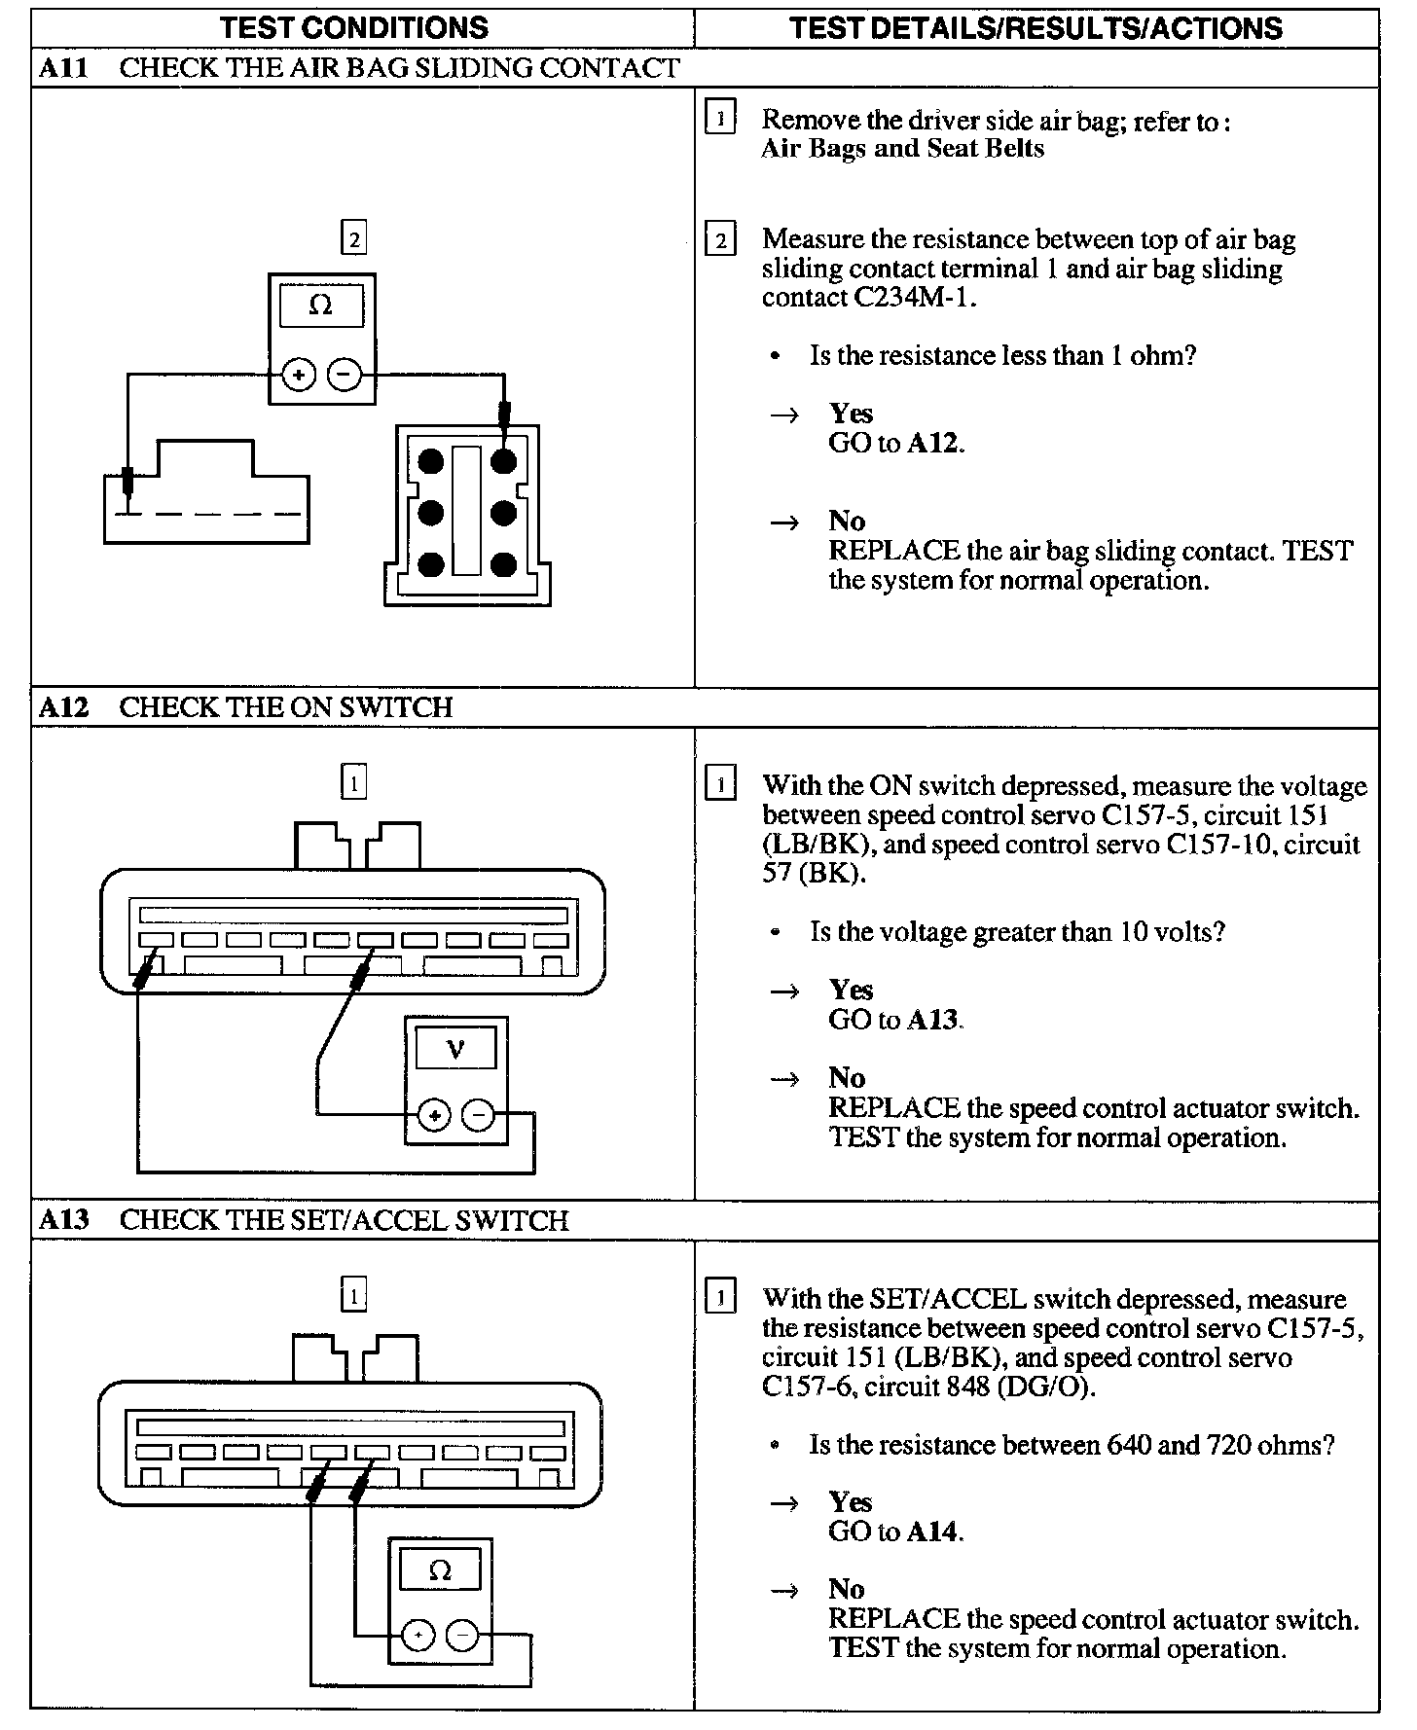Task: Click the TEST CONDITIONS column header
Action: click(x=353, y=27)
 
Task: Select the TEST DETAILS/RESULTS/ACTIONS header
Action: click(x=1035, y=27)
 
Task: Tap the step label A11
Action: click(x=64, y=68)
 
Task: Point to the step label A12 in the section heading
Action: click(x=64, y=707)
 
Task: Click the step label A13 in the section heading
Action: click(x=64, y=1220)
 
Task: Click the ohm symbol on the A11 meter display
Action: click(x=320, y=306)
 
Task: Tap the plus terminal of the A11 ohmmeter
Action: click(x=299, y=375)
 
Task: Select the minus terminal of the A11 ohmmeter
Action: click(x=344, y=375)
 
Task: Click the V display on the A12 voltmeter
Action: click(x=454, y=1049)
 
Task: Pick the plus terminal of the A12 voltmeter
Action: click(x=434, y=1115)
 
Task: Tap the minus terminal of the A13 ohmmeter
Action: click(x=462, y=1637)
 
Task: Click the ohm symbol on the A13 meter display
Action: click(x=440, y=1570)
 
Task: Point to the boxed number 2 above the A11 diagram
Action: click(x=353, y=238)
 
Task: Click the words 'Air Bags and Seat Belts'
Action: click(x=902, y=149)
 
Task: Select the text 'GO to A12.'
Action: click(x=896, y=444)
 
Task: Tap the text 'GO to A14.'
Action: click(x=896, y=1532)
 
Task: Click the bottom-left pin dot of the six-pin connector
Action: click(x=431, y=564)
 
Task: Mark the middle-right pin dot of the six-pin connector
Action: click(x=503, y=513)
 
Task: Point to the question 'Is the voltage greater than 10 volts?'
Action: click(x=1017, y=932)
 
